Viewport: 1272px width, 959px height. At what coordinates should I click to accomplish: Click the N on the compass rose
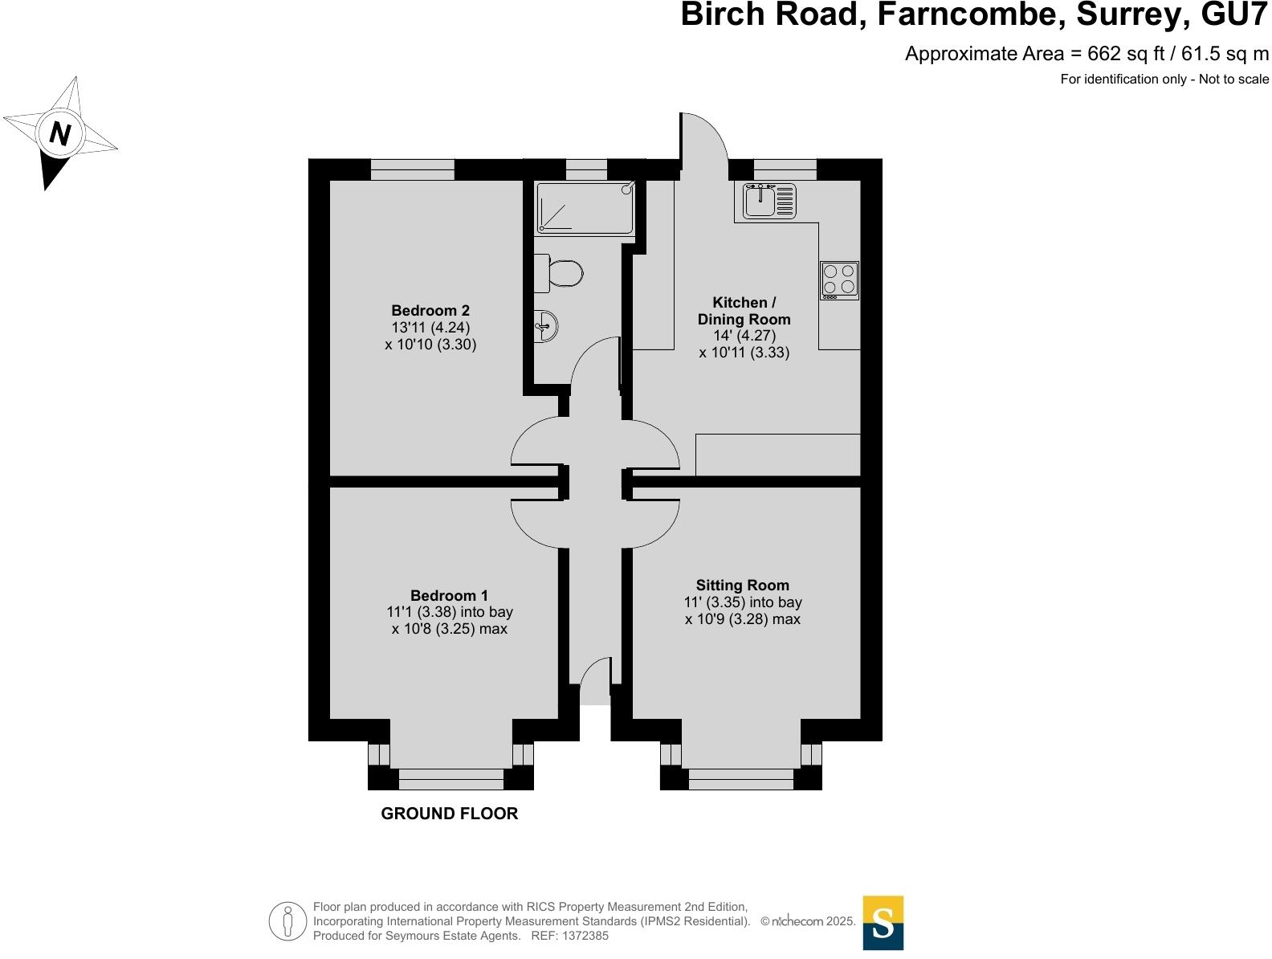tap(60, 133)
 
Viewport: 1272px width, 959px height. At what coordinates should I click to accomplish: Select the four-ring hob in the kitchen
tap(839, 280)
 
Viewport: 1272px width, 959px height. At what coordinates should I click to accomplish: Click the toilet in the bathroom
tap(560, 274)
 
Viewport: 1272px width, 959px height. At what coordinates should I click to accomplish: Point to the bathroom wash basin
tap(546, 326)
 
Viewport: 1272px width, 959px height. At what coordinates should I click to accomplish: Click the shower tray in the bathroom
tap(585, 208)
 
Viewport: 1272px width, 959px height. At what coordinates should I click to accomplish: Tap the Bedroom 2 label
tap(430, 311)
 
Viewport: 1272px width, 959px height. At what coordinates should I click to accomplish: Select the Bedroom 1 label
tap(449, 595)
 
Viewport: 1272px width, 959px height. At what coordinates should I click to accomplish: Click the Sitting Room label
tap(742, 586)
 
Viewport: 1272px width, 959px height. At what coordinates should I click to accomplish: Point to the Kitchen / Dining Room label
tap(744, 311)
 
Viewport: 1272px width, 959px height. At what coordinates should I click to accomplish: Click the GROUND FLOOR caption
tap(449, 814)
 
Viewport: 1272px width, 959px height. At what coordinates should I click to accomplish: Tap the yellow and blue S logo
tap(883, 923)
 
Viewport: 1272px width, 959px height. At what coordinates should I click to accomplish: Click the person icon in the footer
tap(287, 921)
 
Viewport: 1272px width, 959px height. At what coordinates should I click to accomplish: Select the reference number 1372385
tap(586, 936)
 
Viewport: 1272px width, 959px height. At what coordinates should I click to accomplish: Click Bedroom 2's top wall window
tap(412, 169)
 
